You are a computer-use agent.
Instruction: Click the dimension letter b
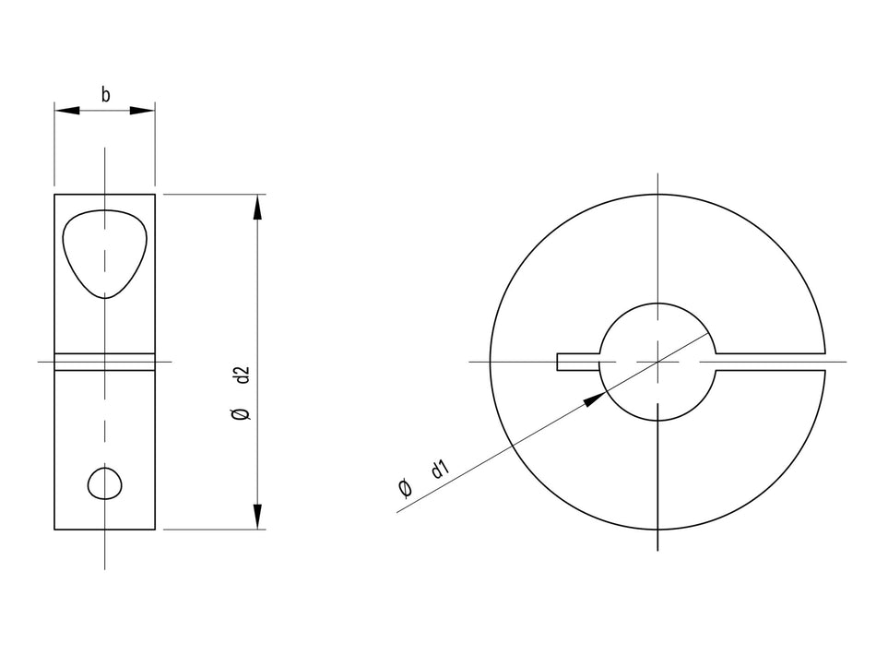tap(105, 94)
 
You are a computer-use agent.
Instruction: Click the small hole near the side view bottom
tap(105, 482)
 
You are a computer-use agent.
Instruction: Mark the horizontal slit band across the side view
tap(104, 362)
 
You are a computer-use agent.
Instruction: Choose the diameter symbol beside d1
tap(404, 488)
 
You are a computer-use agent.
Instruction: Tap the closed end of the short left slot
tap(559, 362)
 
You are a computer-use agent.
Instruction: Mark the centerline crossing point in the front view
tap(657, 362)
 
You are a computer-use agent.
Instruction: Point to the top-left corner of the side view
tap(54, 195)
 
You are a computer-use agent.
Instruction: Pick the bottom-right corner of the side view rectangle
tap(155, 530)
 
